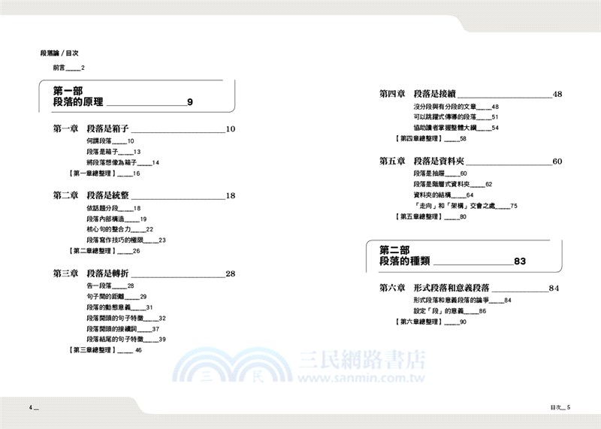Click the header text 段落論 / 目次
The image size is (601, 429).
(x=59, y=53)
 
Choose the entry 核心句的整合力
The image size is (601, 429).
(x=110, y=228)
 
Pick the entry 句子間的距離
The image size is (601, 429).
(x=109, y=296)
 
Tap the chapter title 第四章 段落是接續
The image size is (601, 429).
(x=417, y=95)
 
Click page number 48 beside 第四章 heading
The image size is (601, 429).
(x=557, y=95)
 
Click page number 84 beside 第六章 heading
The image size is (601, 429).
(x=554, y=288)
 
